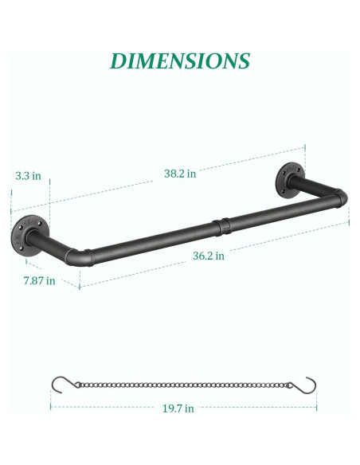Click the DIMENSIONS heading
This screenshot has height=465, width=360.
(x=180, y=61)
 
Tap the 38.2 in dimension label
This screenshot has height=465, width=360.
(x=180, y=173)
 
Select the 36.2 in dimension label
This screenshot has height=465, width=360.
(x=209, y=256)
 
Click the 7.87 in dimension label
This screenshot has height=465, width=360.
(x=39, y=279)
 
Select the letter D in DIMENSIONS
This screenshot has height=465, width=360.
(x=119, y=61)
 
